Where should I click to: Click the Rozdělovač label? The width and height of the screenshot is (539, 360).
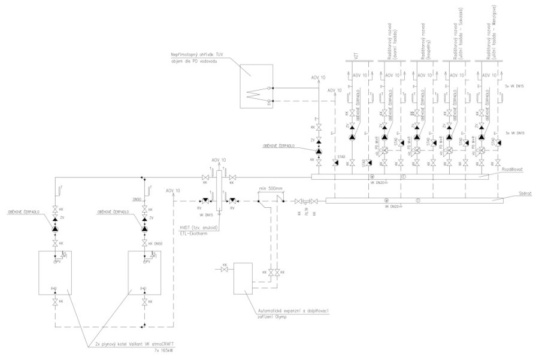coord(513,170)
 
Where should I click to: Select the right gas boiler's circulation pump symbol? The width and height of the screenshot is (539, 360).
coord(144,228)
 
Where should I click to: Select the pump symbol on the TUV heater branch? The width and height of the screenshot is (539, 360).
coord(319,147)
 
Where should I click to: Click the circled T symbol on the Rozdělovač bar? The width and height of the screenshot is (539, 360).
coord(404,176)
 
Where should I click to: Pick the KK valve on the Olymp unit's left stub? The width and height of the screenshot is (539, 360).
coord(225,272)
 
